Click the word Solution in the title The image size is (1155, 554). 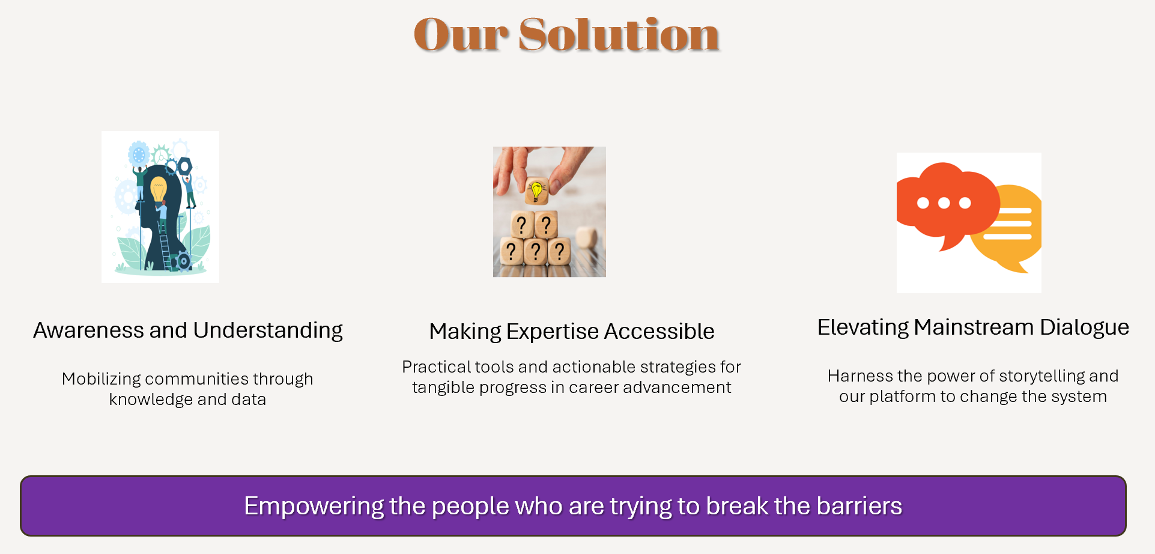click(x=619, y=34)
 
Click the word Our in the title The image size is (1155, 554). click(x=461, y=35)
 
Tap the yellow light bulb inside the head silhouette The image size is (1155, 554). click(x=158, y=189)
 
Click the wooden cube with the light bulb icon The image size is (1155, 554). click(x=536, y=190)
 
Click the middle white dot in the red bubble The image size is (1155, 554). click(x=944, y=203)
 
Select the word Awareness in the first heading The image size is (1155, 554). click(x=88, y=330)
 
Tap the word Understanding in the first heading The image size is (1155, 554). click(x=268, y=331)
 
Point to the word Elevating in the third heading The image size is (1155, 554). click(x=863, y=327)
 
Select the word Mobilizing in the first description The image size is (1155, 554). click(x=101, y=379)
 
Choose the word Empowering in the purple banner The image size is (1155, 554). click(x=314, y=507)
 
